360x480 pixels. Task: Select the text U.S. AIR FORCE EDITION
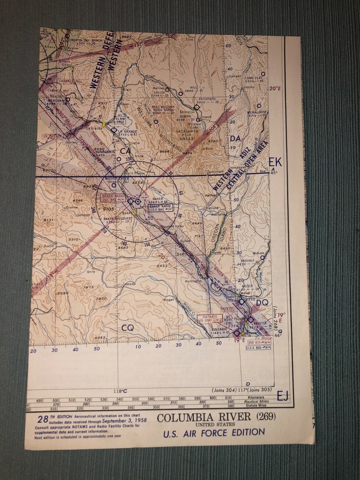pyautogui.click(x=214, y=433)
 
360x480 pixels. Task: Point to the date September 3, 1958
pyautogui.click(x=124, y=420)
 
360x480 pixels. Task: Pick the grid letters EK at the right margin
pyautogui.click(x=275, y=162)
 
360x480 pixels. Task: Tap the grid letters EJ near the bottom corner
pyautogui.click(x=282, y=396)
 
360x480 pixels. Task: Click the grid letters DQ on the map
pyautogui.click(x=262, y=303)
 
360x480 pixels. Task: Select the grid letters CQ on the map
pyautogui.click(x=128, y=327)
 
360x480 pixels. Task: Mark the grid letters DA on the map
pyautogui.click(x=235, y=138)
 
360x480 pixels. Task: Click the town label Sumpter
pyautogui.click(x=84, y=215)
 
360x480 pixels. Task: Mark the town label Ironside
pyautogui.click(x=130, y=284)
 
